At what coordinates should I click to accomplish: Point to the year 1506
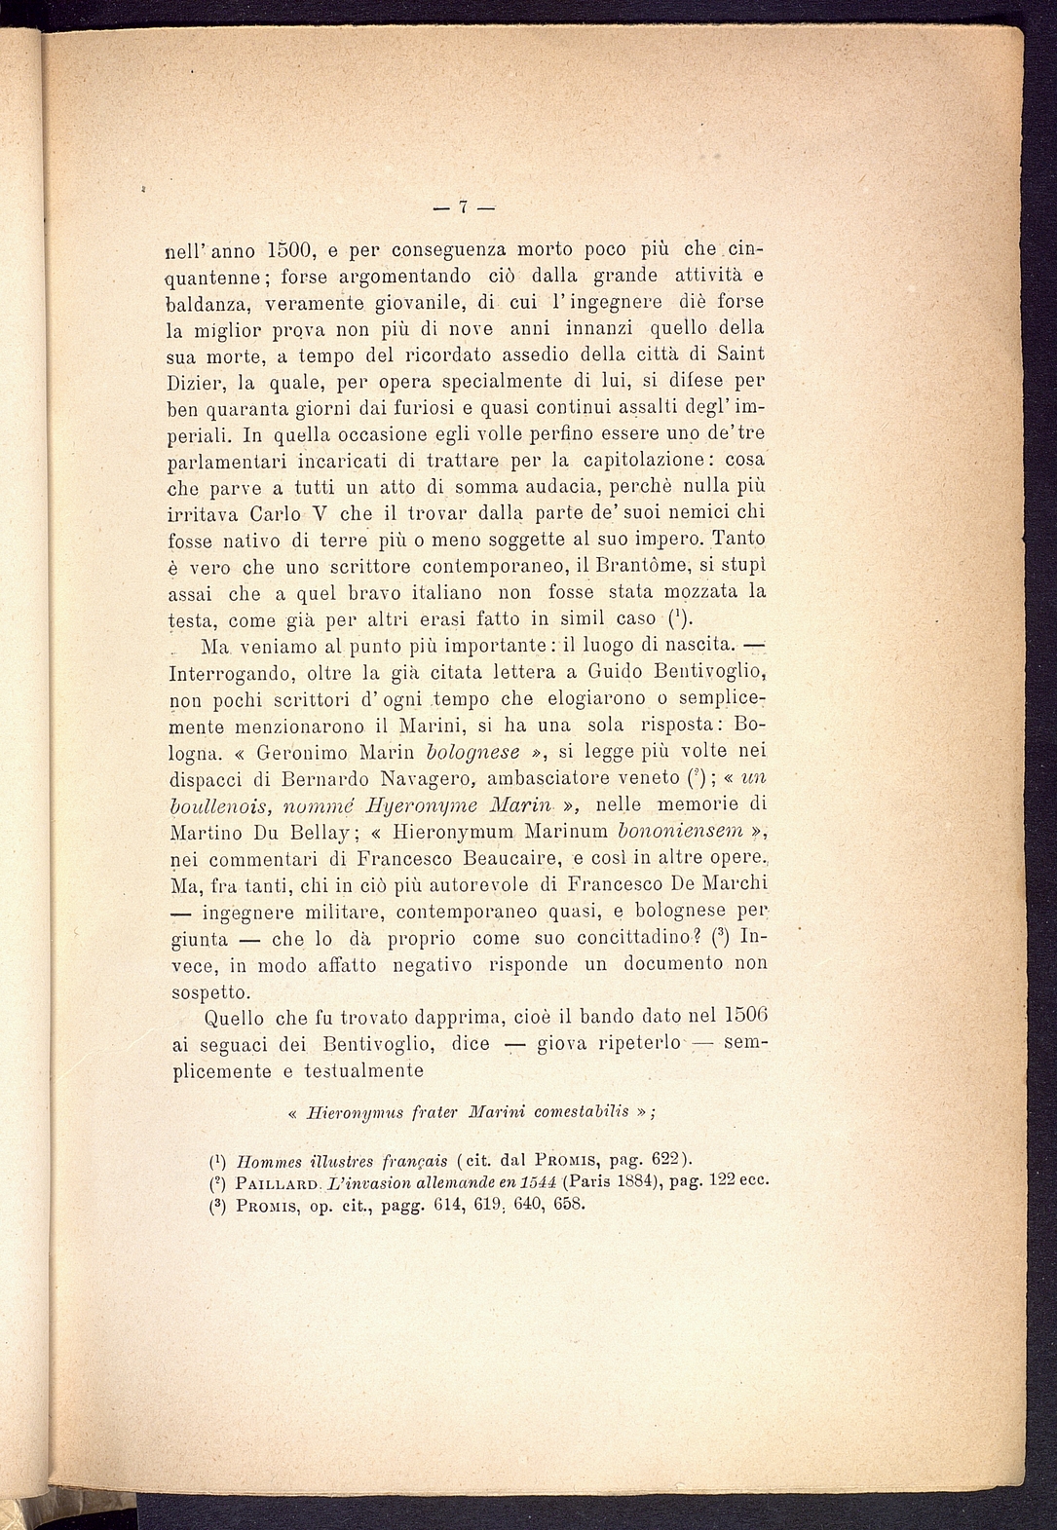(742, 1017)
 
